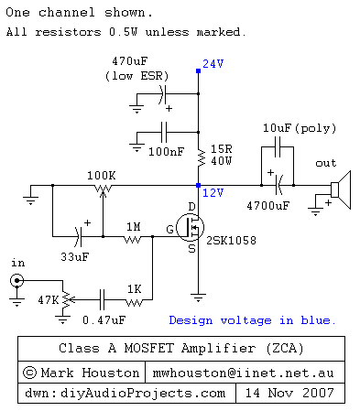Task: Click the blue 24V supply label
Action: tap(213, 64)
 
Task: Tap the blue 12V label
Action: tap(213, 193)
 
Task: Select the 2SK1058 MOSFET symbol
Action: tap(191, 227)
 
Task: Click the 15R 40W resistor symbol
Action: tap(201, 157)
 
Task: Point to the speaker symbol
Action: tap(341, 189)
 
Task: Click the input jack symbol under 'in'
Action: tap(16, 280)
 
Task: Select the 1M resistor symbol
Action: tap(133, 240)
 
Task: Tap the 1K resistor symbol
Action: tap(134, 302)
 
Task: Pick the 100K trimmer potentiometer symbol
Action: tap(103, 189)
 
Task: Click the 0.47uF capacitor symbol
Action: tap(103, 299)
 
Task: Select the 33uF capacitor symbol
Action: tap(78, 236)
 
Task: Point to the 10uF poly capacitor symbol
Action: tap(278, 146)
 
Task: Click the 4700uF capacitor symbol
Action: tap(278, 185)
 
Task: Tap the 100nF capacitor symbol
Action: tap(164, 132)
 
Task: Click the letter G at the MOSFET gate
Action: tap(170, 229)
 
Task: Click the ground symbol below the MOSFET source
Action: tap(198, 297)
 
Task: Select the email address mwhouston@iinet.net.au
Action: tap(243, 373)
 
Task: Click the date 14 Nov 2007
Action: tap(289, 393)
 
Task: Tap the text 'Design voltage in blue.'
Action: tap(252, 320)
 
